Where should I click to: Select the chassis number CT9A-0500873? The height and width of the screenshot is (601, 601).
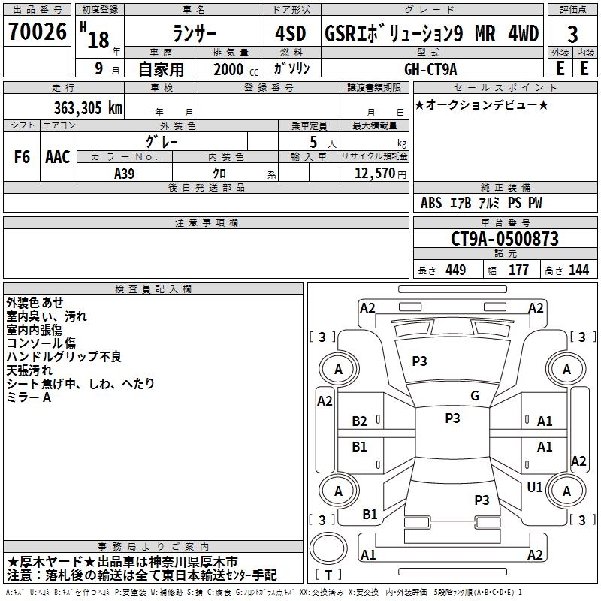click(504, 239)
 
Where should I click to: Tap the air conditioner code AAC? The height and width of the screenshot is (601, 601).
click(57, 157)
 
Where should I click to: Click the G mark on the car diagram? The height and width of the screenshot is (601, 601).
click(475, 396)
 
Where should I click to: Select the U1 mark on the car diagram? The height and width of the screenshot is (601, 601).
click(535, 487)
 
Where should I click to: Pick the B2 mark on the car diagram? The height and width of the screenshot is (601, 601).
click(360, 421)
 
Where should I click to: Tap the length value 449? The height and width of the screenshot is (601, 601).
click(455, 270)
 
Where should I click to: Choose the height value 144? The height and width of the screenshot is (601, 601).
click(578, 270)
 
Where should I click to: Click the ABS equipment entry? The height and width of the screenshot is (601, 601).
click(431, 203)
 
